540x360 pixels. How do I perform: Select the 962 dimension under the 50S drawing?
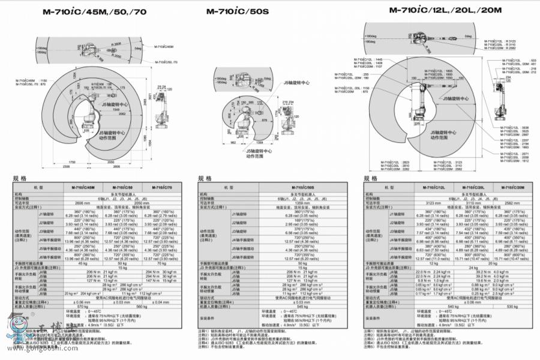233,143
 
